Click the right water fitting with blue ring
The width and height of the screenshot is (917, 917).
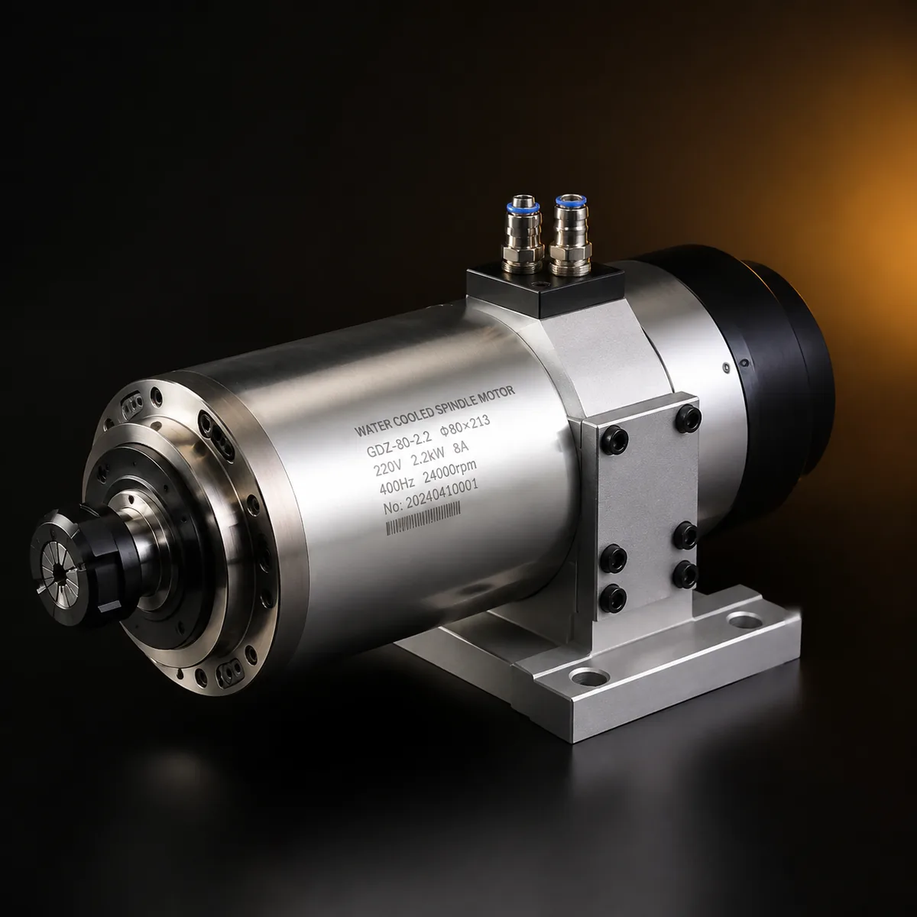[x=571, y=236]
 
